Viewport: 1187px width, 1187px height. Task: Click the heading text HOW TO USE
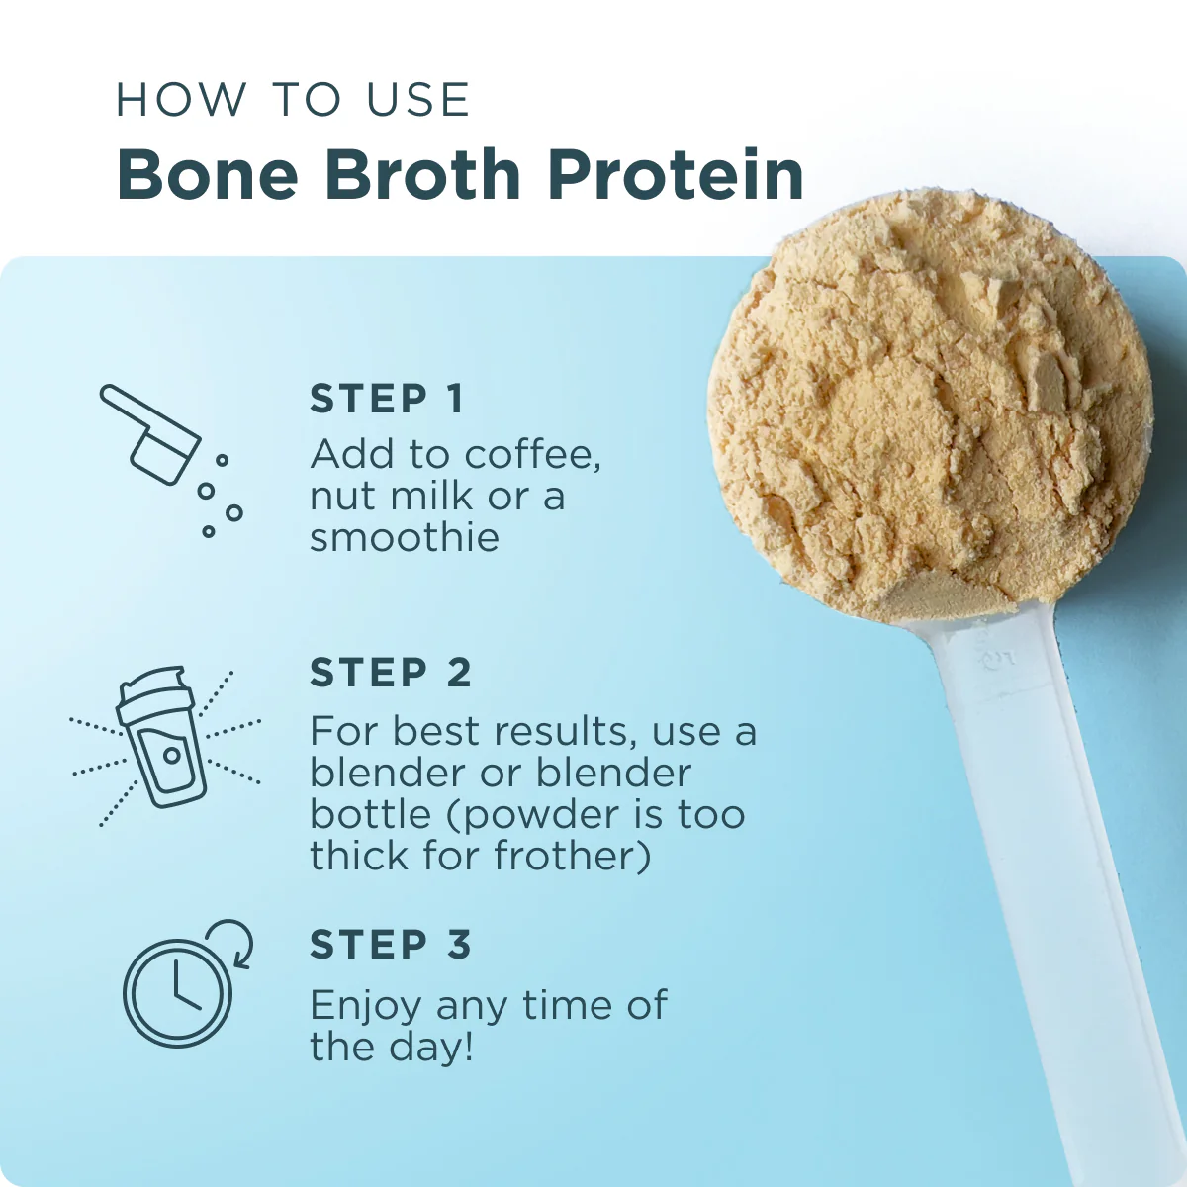click(293, 100)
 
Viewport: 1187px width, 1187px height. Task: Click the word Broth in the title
click(422, 174)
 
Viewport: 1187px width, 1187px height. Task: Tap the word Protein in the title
click(676, 174)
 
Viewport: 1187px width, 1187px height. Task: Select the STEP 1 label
click(387, 399)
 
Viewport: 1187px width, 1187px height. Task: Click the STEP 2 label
click(391, 673)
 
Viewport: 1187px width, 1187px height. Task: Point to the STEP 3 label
click(391, 945)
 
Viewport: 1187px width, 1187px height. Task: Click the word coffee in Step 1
click(531, 455)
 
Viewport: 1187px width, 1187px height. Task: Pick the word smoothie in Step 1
click(405, 538)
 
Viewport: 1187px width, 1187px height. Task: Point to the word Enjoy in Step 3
click(366, 1007)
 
